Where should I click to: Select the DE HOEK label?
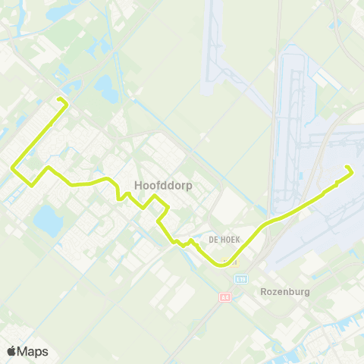225,239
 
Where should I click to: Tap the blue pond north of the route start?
106,89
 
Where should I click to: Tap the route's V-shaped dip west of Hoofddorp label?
119,197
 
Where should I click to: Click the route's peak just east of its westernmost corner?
47,167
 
